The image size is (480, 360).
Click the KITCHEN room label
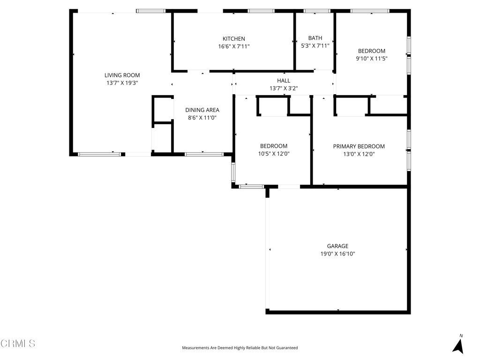tap(233, 39)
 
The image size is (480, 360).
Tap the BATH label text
tap(315, 38)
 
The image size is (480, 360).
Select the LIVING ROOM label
tap(122, 75)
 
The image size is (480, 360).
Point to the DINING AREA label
tap(202, 110)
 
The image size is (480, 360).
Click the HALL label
tap(284, 81)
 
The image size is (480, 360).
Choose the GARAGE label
tap(337, 246)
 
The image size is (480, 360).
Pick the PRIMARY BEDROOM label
tap(359, 147)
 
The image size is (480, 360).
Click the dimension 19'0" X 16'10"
tap(337, 254)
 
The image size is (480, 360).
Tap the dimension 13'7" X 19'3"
tap(122, 83)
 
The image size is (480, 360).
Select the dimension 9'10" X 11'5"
tap(372, 59)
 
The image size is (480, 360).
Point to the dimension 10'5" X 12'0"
tap(274, 154)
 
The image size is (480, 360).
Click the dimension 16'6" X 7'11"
tap(233, 46)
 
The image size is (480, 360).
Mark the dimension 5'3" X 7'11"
tap(315, 46)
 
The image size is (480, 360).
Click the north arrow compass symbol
tap(458, 345)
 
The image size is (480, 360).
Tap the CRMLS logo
tap(18, 344)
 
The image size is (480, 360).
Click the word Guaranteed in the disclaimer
tap(287, 348)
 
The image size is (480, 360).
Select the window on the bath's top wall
tap(317, 11)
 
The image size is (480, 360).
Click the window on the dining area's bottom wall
tap(204, 154)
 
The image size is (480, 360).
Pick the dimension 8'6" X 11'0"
tap(202, 118)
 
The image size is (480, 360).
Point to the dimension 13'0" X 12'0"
tap(359, 154)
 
